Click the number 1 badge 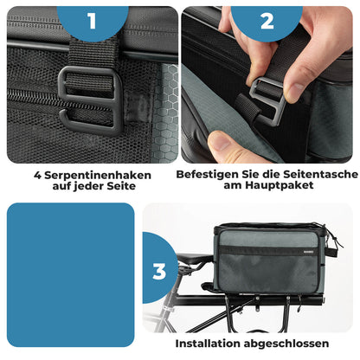coord(92,21)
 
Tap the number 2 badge coord(267,21)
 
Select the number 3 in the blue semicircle coord(159,271)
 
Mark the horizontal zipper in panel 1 coord(35,97)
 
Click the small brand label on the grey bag coord(226,250)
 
